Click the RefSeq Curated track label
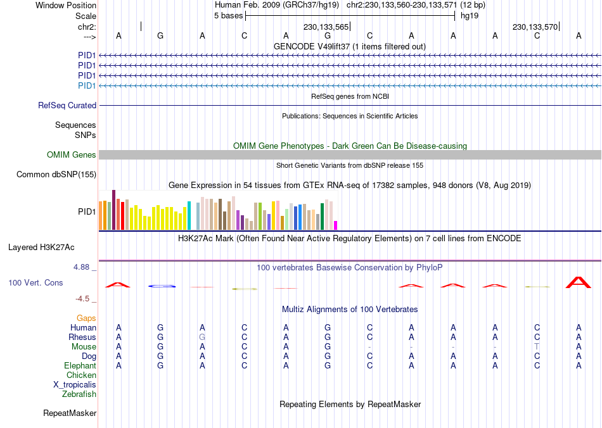pyautogui.click(x=67, y=106)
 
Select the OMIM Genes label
pyautogui.click(x=72, y=155)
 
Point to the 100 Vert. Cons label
pyautogui.click(x=35, y=282)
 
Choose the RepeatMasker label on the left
pyautogui.click(x=70, y=413)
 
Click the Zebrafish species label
pyautogui.click(x=79, y=394)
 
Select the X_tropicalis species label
pyautogui.click(x=75, y=385)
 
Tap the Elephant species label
pyautogui.click(x=80, y=366)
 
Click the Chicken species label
pyautogui.click(x=82, y=375)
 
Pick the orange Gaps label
pyautogui.click(x=87, y=318)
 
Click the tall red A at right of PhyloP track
pyautogui.click(x=579, y=282)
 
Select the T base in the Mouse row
pyautogui.click(x=537, y=347)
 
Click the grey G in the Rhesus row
pyautogui.click(x=202, y=337)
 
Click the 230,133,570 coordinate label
pyautogui.click(x=535, y=27)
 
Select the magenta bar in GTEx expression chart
pyautogui.click(x=336, y=225)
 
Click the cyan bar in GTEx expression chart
pyautogui.click(x=189, y=215)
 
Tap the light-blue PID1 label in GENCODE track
pyautogui.click(x=87, y=85)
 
